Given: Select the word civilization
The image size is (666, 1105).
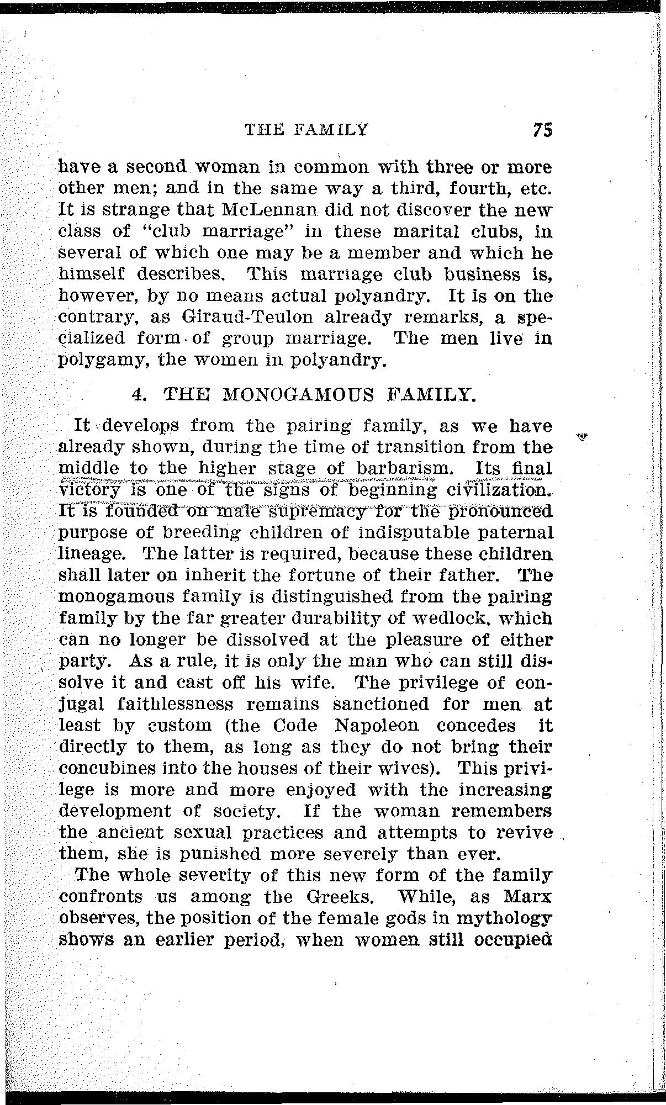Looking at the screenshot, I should pyautogui.click(x=499, y=490).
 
